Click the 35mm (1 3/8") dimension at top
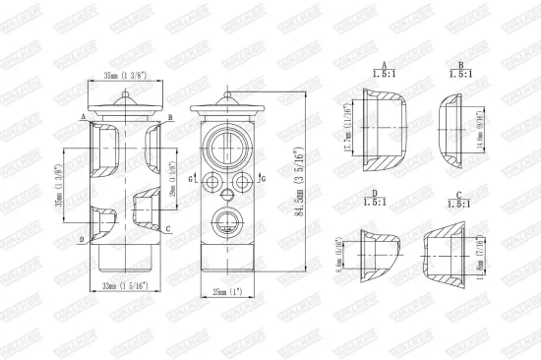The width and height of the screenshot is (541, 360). [124, 75]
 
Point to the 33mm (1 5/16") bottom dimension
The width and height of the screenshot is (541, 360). [123, 285]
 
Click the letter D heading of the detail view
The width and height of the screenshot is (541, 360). [376, 194]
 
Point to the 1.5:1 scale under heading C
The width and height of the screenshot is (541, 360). [458, 204]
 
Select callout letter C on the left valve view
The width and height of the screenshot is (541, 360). [169, 229]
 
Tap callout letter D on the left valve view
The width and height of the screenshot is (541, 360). [81, 239]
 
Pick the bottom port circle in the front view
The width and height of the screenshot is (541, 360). [228, 220]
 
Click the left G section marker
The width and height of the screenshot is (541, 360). [193, 176]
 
